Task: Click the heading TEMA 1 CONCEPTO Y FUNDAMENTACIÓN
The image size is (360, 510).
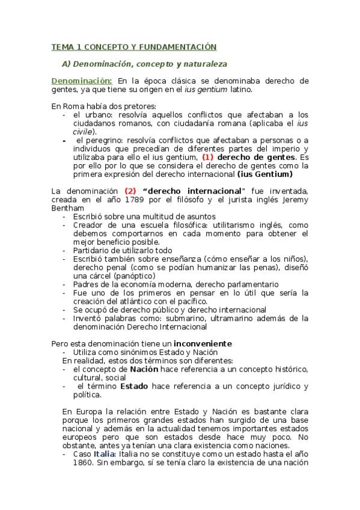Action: click(x=133, y=46)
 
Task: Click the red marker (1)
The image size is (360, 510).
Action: click(x=207, y=157)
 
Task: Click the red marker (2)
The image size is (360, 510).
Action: click(x=131, y=191)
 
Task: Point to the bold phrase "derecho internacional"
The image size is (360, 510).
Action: click(x=195, y=191)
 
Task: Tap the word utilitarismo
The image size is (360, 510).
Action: click(x=219, y=224)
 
